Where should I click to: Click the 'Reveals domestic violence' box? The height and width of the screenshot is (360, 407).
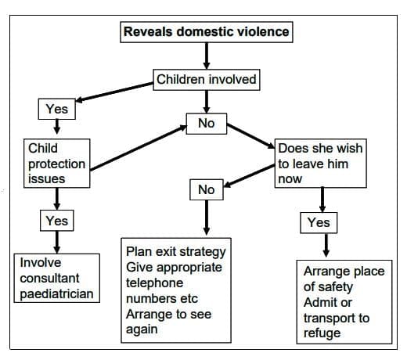[x=206, y=32]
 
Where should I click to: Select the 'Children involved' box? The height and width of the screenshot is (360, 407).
[x=206, y=80]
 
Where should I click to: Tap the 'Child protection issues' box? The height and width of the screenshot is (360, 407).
[x=55, y=163]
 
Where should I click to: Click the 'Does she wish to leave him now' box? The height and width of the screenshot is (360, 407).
[x=320, y=163]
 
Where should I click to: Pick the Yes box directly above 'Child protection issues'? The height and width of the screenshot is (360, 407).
[x=57, y=110]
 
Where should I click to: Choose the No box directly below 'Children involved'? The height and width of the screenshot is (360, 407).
[x=206, y=124]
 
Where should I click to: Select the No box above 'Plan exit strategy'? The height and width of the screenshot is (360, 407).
[x=206, y=189]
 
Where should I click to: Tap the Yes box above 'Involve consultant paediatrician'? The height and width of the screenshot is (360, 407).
[x=57, y=221]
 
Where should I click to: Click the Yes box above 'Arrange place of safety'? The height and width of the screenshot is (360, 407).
[x=319, y=222]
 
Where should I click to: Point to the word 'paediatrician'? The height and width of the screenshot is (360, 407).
[x=56, y=294]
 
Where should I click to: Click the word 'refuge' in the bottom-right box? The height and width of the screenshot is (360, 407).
[x=322, y=333]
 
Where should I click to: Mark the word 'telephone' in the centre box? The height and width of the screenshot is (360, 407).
[x=154, y=283]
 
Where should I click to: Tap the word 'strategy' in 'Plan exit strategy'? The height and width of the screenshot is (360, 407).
[x=201, y=251]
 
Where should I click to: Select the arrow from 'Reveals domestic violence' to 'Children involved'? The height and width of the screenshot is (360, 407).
[x=206, y=56]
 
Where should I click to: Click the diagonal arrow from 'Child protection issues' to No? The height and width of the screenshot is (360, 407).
[x=137, y=145]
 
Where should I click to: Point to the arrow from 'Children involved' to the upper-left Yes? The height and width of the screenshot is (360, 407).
[x=117, y=92]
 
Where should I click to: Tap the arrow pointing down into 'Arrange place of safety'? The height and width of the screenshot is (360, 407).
[x=327, y=245]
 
